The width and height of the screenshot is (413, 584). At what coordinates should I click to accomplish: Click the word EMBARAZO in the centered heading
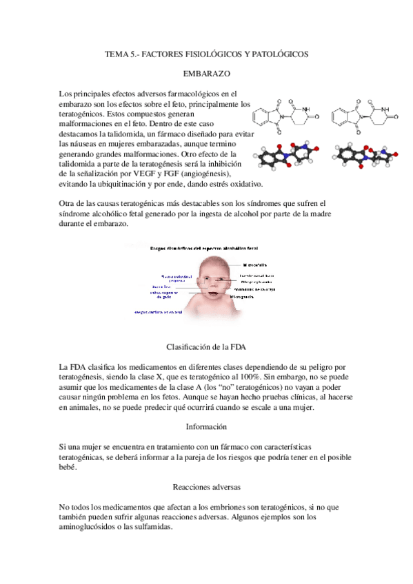pyautogui.click(x=206, y=72)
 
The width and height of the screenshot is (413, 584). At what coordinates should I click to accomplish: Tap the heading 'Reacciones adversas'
pyautogui.click(x=206, y=486)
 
